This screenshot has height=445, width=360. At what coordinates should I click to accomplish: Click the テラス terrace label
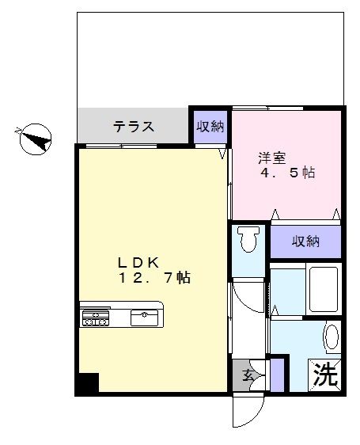(x=133, y=127)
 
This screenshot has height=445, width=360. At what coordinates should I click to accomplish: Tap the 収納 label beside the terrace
(x=210, y=127)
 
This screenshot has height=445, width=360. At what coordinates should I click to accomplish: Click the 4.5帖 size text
(x=289, y=173)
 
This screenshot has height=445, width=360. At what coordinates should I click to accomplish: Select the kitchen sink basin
(x=145, y=318)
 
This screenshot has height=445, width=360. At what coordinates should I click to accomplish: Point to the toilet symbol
(x=249, y=239)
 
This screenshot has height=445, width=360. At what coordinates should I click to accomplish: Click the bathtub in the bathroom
(x=324, y=291)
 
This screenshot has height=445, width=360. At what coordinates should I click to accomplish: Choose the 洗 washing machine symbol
(x=324, y=373)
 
